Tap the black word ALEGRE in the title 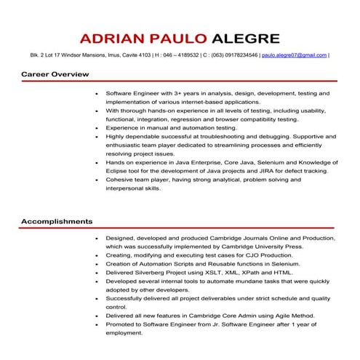pos(244,37)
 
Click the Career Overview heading pos(55,74)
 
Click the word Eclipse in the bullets pos(116,170)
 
